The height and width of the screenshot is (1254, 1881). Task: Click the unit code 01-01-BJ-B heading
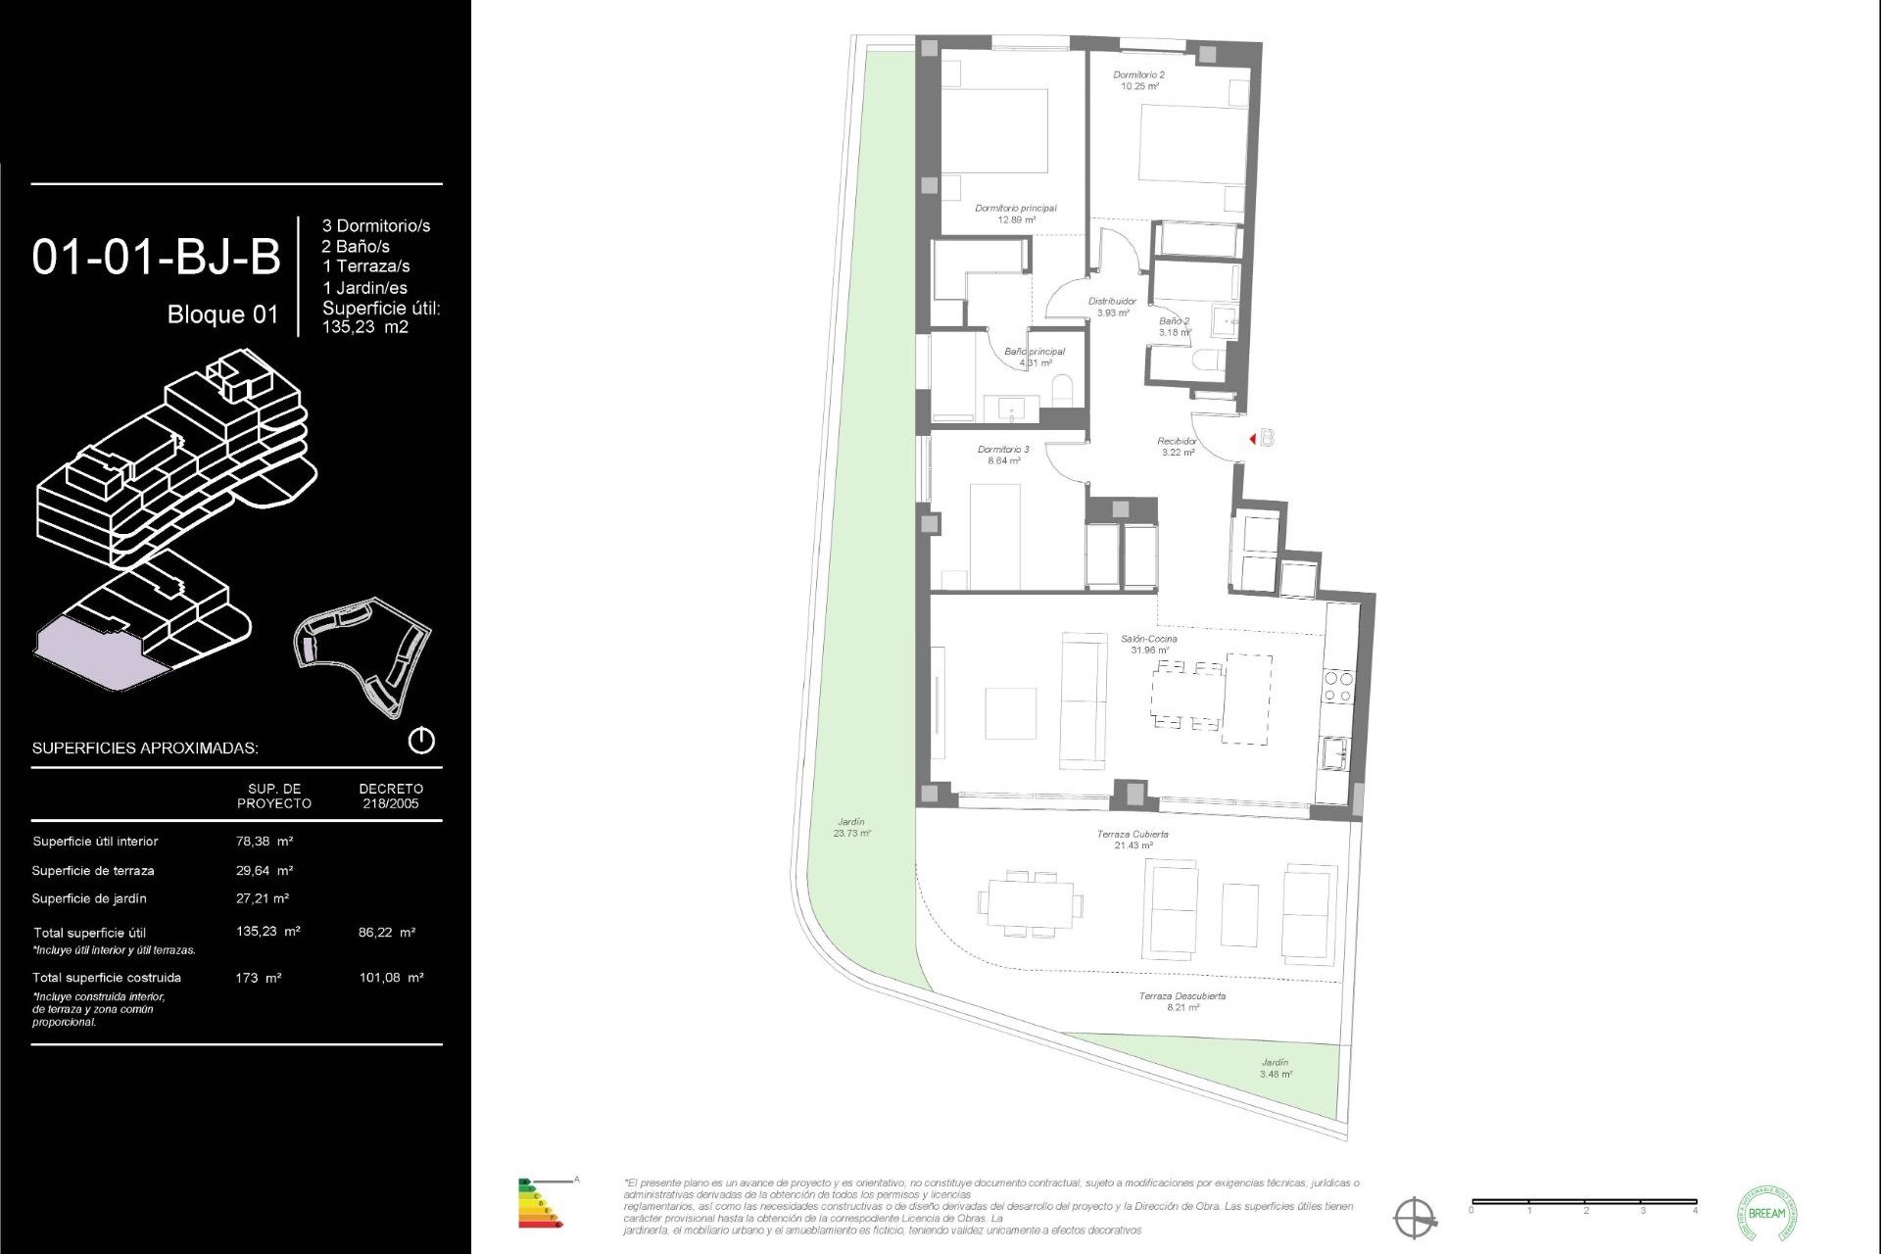[x=157, y=258]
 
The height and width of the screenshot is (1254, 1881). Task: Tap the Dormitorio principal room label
[x=1016, y=214]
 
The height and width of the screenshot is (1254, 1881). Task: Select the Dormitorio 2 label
[x=1138, y=80]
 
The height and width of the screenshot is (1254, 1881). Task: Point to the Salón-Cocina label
[x=1149, y=644]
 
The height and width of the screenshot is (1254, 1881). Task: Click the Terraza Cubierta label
[x=1133, y=840]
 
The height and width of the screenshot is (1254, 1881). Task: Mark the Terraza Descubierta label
[x=1182, y=1001]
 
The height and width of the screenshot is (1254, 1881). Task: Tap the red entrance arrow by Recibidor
[x=1253, y=439]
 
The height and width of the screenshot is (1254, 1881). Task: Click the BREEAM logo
[x=1766, y=1213]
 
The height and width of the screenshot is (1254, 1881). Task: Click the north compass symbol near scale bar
[x=1415, y=1218]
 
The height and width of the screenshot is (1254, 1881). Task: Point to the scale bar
[x=1583, y=1201]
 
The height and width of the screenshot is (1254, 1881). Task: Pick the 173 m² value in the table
[x=259, y=978]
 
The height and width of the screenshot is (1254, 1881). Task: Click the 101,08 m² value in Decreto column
[x=391, y=978]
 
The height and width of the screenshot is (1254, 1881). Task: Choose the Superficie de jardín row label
[x=89, y=898]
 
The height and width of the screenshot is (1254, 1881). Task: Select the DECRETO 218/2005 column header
[x=391, y=796]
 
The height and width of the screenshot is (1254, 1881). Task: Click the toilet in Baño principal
[x=1062, y=394]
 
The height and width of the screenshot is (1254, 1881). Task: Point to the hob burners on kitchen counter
[x=1338, y=686]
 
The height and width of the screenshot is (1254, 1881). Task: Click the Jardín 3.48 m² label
[x=1275, y=1068]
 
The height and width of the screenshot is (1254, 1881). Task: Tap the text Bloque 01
[x=222, y=314]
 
